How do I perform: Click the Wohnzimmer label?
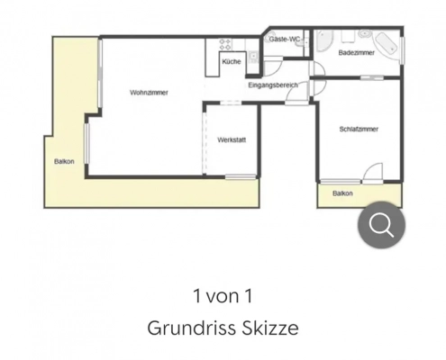point(149,93)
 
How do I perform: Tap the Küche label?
point(232,61)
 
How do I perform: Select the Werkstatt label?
point(232,139)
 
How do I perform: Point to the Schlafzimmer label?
point(359,129)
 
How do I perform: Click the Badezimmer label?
point(357,52)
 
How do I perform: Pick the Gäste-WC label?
point(285,39)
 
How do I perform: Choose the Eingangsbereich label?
point(273,85)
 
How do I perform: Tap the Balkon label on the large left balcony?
point(64,161)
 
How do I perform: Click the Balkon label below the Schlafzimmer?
point(342,193)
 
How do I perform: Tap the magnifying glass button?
point(381,225)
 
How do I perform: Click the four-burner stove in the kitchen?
point(225,45)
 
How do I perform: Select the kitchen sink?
point(253,57)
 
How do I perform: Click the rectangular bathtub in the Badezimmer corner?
point(386,43)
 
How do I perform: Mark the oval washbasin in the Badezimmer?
point(365,33)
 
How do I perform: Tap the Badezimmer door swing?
point(319,68)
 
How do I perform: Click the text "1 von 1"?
point(223,296)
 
